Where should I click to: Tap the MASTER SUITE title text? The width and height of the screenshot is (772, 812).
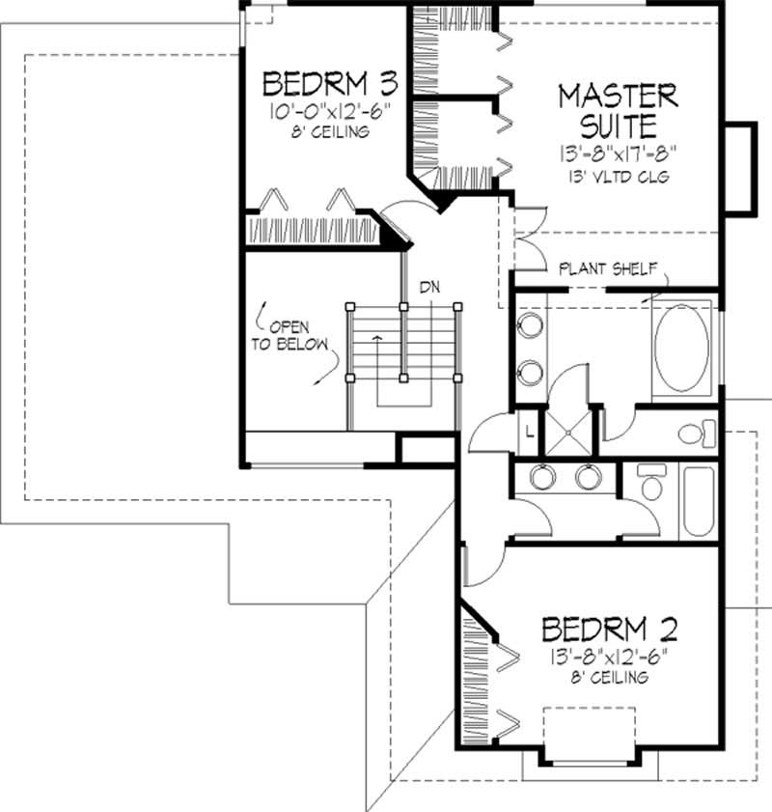(x=619, y=110)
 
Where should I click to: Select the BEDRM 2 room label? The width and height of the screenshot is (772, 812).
(x=608, y=630)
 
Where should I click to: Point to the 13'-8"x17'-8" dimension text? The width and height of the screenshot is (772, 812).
(x=619, y=153)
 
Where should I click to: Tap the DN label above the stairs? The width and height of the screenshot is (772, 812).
(x=430, y=287)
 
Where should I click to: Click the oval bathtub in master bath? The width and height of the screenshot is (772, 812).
(x=682, y=349)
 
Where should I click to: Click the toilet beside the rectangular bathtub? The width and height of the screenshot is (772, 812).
(x=651, y=484)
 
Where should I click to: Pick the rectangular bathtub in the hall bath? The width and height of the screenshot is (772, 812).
(x=698, y=503)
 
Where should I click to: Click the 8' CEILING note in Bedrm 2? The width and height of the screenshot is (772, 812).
(x=608, y=678)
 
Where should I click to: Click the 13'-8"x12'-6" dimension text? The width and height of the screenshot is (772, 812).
(x=608, y=658)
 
